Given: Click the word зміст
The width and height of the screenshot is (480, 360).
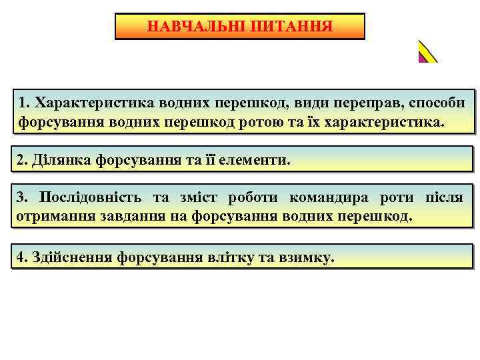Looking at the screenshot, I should pyautogui.click(x=199, y=198).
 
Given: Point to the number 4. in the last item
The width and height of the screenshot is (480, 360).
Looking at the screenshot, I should pyautogui.click(x=24, y=257).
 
